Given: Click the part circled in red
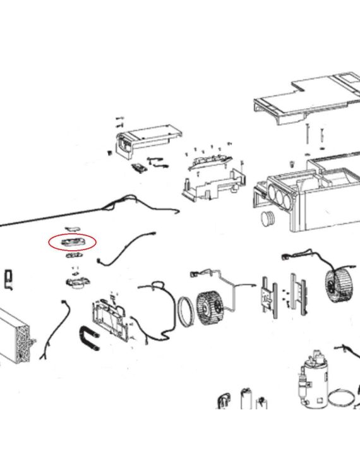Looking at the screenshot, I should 71,241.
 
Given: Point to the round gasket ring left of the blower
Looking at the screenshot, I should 186,310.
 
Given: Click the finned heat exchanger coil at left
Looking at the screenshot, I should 17,335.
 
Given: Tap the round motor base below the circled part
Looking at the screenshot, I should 75,284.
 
